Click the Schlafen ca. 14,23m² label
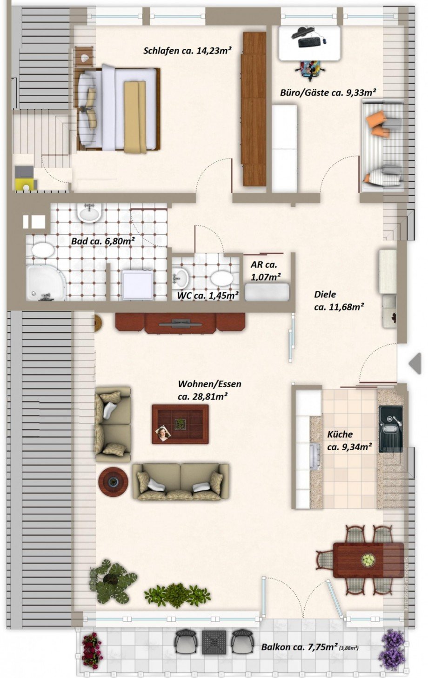pos(187,51)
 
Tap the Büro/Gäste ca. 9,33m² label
pos(328,93)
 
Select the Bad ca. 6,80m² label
pos(103,241)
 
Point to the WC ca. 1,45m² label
pos(207,295)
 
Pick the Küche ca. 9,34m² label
pos(349,441)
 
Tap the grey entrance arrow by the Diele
pos(415,363)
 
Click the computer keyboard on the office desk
pos(309,42)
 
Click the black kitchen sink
pos(389,428)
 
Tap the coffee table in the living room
pos(180,424)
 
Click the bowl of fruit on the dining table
pos(368,560)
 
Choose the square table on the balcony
pos(214,642)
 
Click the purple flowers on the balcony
pos(391,649)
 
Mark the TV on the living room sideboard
pos(181,321)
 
